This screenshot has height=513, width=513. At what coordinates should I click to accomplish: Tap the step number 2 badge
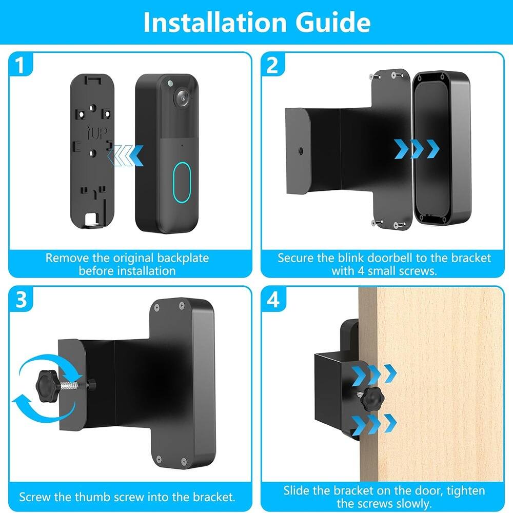pyautogui.click(x=273, y=66)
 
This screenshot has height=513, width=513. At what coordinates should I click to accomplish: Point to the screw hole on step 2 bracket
pyautogui.click(x=298, y=152)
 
